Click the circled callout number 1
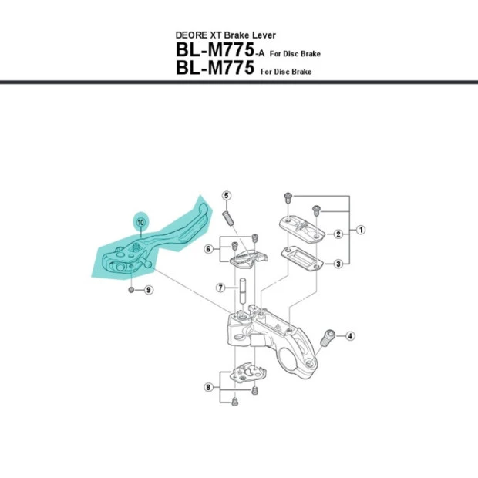point(360,230)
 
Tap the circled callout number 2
point(338,234)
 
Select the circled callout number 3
point(338,264)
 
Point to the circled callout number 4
point(350,335)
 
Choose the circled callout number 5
point(227,196)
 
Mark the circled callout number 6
point(208,248)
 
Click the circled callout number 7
point(220,288)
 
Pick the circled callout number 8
point(208,387)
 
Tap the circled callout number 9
point(148,290)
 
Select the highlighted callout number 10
point(141,221)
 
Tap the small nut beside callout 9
point(132,290)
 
